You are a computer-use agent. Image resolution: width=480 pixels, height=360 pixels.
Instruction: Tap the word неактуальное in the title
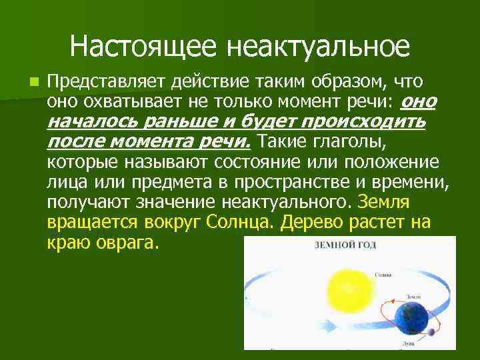tap(318, 47)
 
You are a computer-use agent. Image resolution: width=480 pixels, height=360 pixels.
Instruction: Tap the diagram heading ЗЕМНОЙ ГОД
tap(345, 245)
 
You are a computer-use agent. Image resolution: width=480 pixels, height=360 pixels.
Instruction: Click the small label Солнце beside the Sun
tap(383, 275)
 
